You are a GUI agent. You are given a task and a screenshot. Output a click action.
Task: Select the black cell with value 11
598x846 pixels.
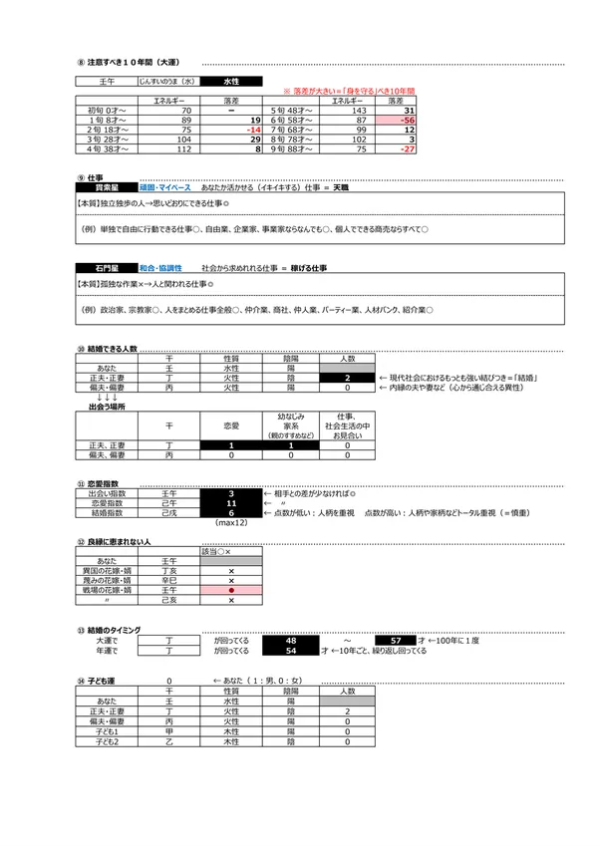231,504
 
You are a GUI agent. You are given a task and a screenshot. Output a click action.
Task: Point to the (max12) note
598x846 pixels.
231,523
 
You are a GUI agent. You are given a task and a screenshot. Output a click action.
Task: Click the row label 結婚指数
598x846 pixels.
107,514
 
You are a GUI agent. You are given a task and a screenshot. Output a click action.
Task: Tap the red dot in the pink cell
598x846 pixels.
231,590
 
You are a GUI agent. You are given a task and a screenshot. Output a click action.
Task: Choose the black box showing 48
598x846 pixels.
291,640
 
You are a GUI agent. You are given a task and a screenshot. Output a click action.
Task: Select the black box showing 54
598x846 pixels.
291,650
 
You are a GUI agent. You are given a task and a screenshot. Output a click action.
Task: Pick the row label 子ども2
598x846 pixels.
107,742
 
